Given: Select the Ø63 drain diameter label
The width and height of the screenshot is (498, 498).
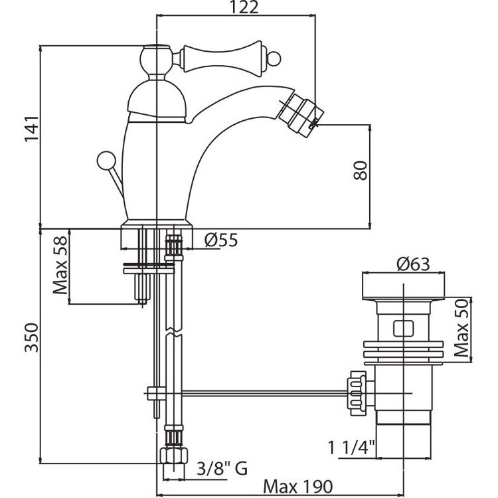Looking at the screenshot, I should (x=413, y=264).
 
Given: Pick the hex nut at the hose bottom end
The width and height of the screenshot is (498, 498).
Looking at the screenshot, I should (x=173, y=457).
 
